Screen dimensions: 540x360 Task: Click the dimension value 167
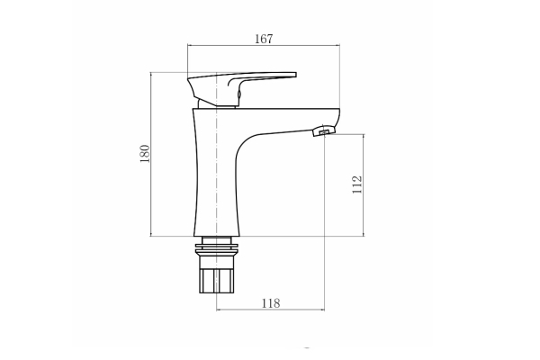(x=264, y=39)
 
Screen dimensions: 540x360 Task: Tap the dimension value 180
(x=145, y=154)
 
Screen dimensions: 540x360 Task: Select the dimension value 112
(x=357, y=184)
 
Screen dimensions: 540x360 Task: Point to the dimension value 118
(x=271, y=303)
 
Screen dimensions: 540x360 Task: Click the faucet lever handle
(x=242, y=89)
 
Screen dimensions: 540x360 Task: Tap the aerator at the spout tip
(x=323, y=130)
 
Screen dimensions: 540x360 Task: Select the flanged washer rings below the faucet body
(x=216, y=249)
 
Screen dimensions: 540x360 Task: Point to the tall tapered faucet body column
(x=216, y=172)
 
